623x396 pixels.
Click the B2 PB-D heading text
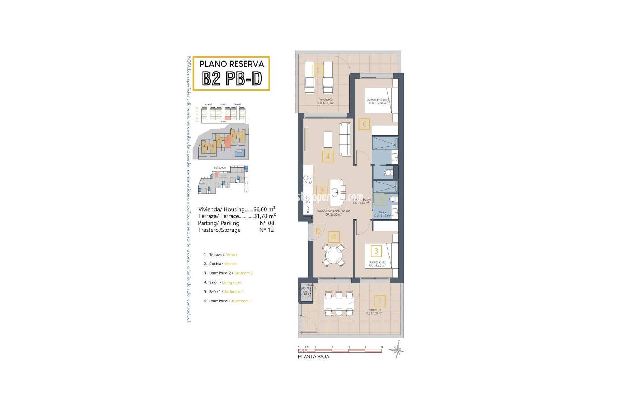coord(232,78)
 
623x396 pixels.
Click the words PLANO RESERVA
coord(232,64)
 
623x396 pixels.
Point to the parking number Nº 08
coord(266,223)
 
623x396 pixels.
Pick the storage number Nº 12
coord(266,230)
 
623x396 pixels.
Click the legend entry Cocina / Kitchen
coord(223,264)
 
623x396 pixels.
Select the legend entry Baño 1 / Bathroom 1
coord(226,291)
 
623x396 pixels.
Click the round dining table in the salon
coord(333,255)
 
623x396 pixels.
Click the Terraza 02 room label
coord(326,101)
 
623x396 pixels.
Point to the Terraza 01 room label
coord(374,311)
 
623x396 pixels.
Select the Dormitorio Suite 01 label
coord(378,101)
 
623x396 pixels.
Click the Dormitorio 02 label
coord(377,264)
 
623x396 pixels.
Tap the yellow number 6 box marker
coord(364,124)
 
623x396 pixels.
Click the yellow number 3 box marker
coord(376,251)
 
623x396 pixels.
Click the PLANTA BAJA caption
coord(313,356)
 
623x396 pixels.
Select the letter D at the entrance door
coord(318,231)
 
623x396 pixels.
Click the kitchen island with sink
coord(336,192)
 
